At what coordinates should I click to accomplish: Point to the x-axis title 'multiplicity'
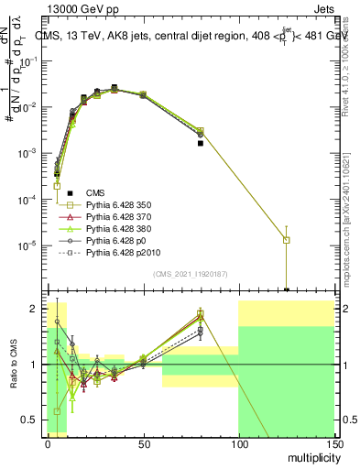click(309, 455)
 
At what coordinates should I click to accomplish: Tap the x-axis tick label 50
click(143, 442)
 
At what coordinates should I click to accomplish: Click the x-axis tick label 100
click(238, 442)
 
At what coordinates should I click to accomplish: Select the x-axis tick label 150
click(333, 442)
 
